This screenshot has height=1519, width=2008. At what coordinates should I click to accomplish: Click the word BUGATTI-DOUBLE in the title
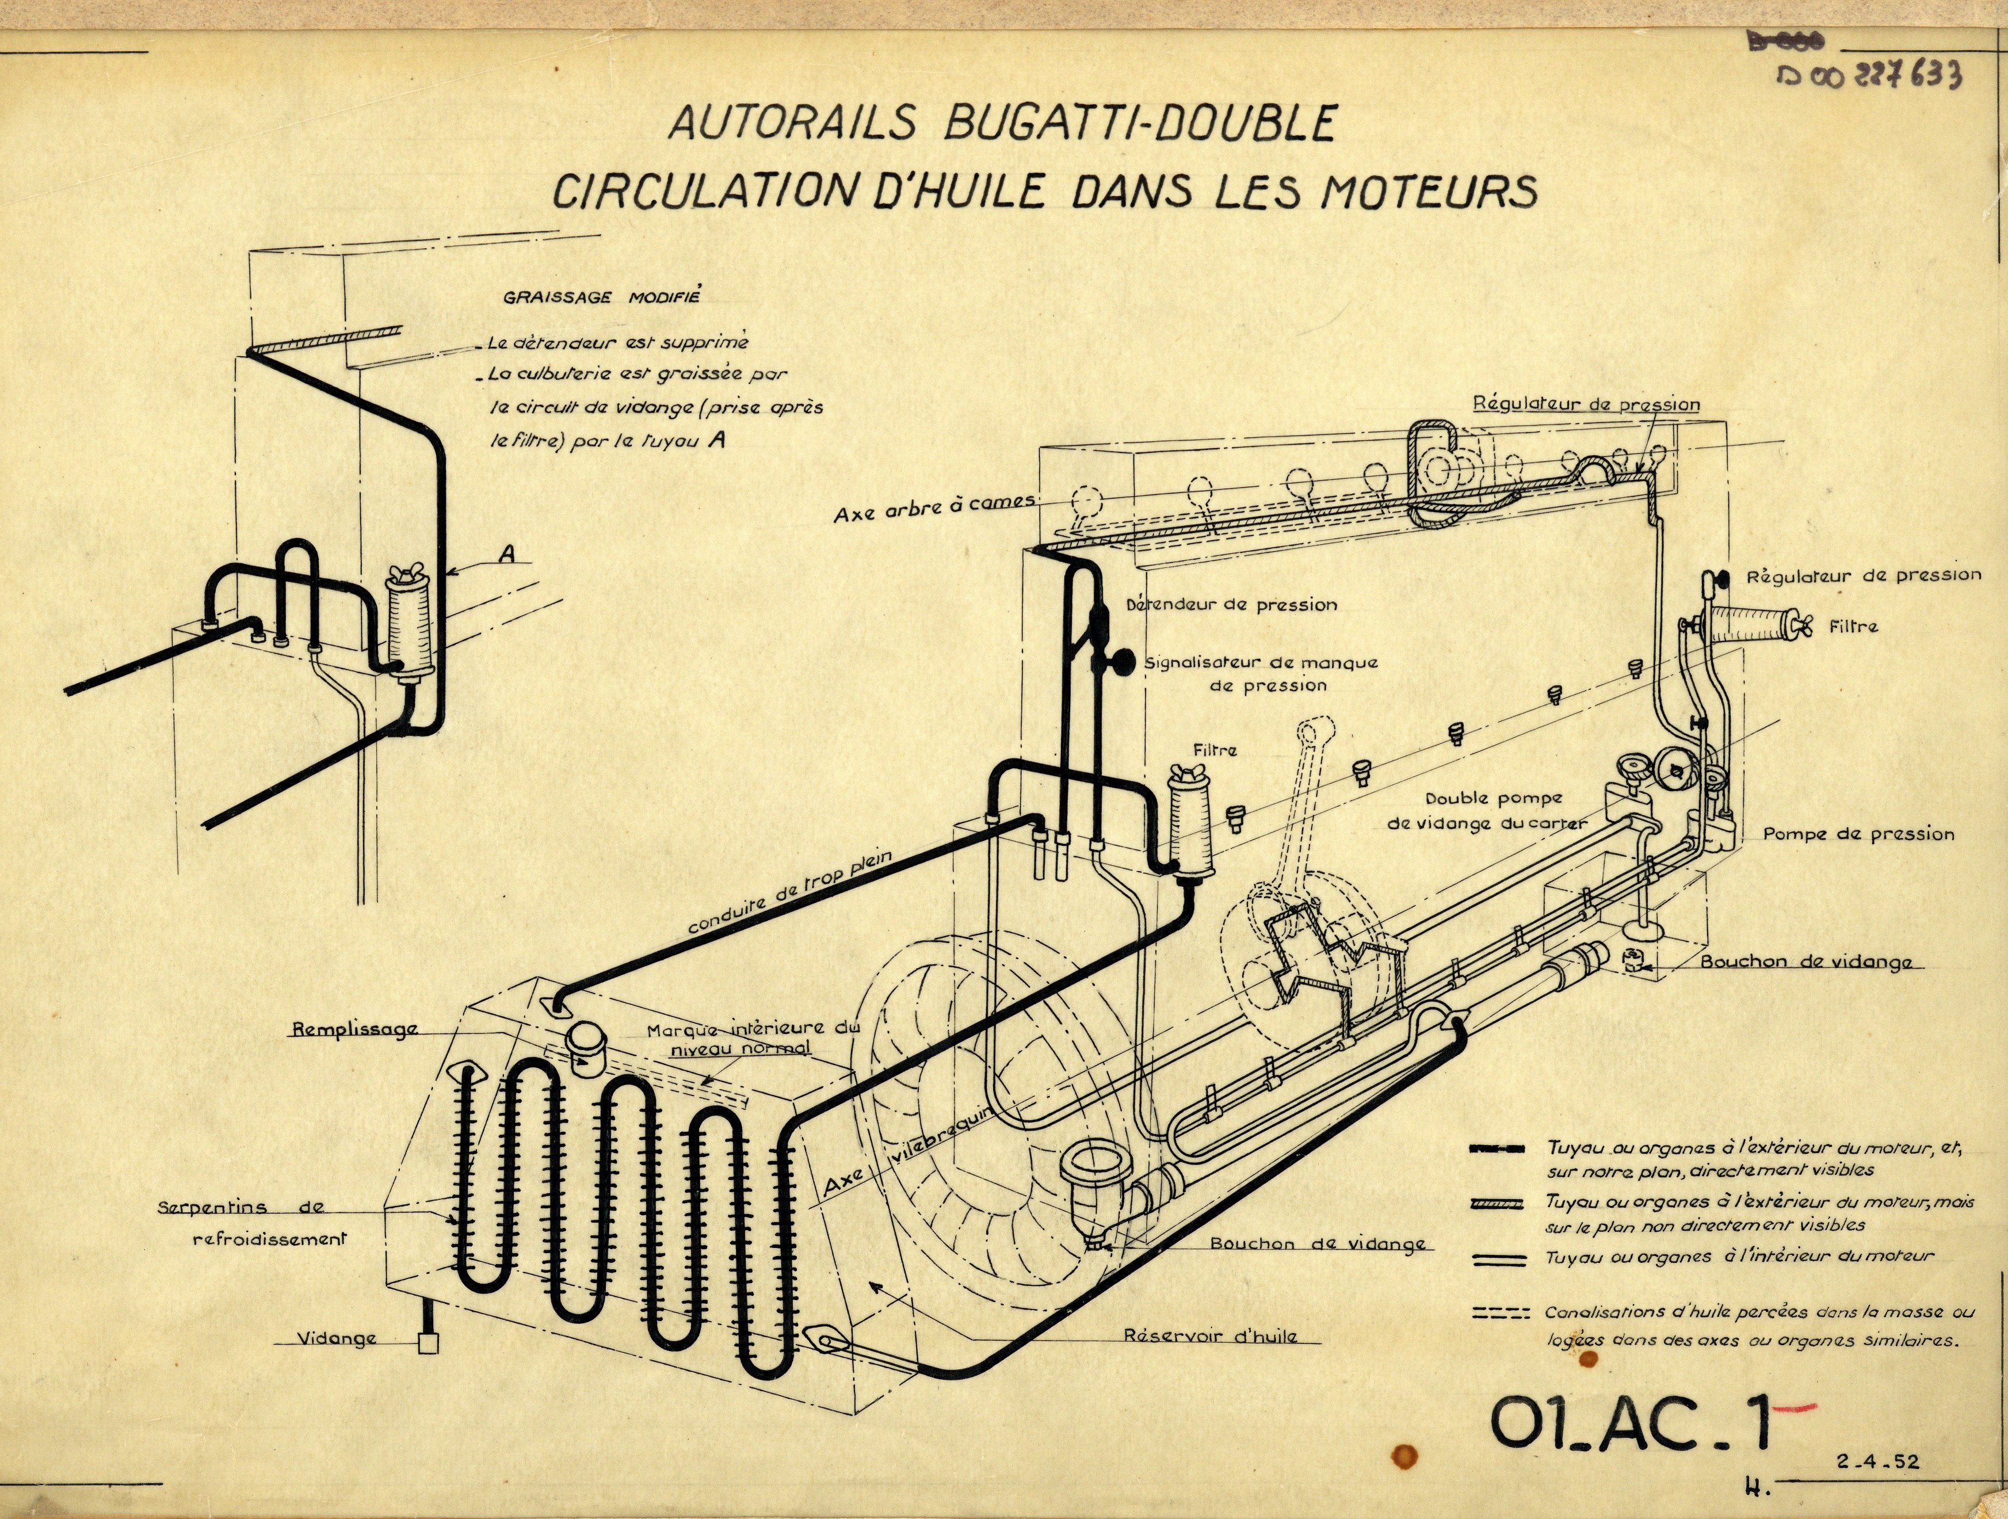tap(1139, 124)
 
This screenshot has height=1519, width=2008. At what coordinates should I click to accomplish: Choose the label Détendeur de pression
tap(1231, 605)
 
